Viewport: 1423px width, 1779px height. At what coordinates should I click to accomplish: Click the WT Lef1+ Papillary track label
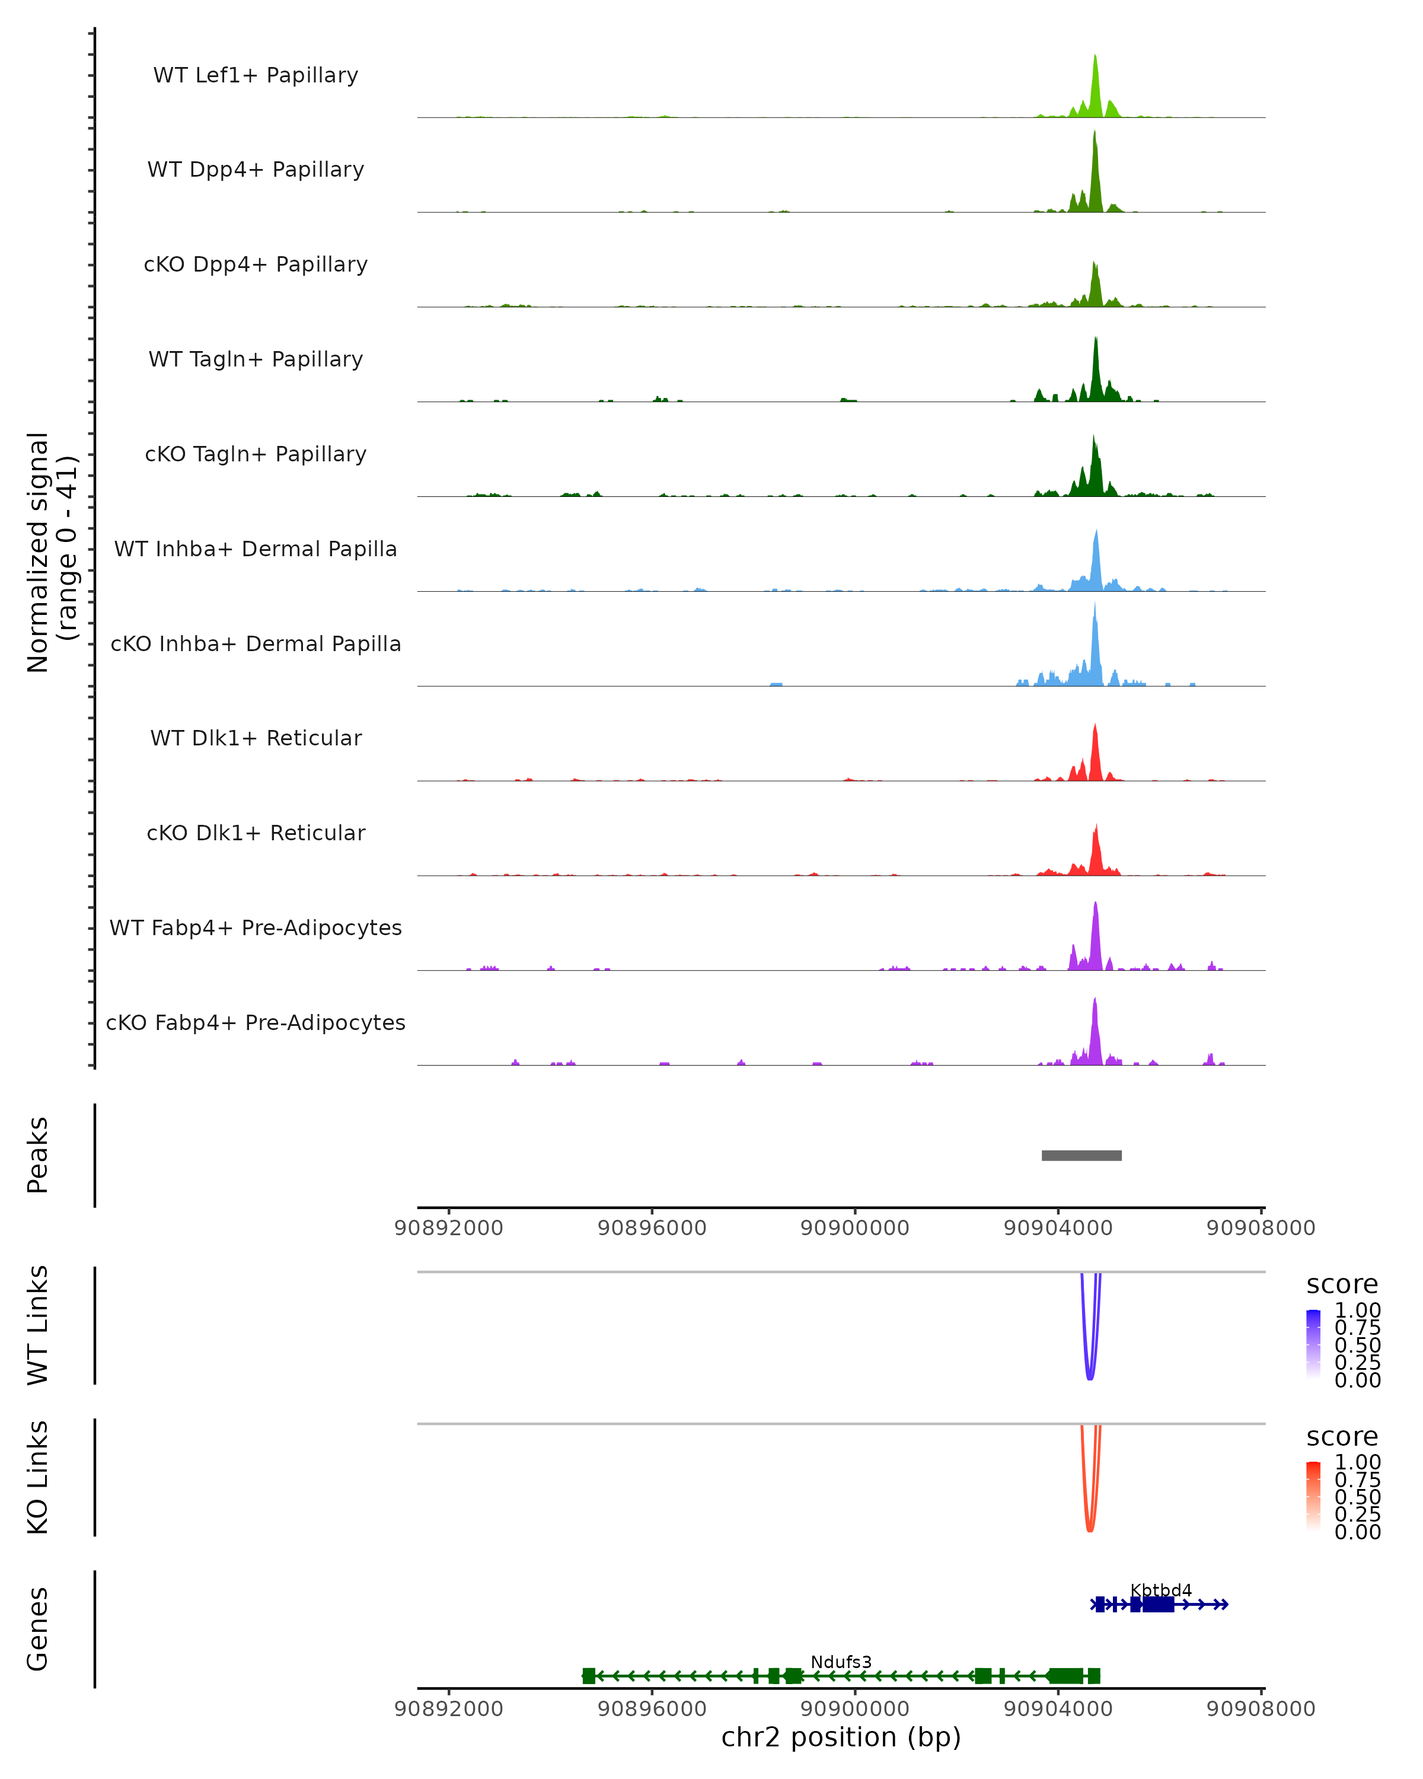click(x=256, y=75)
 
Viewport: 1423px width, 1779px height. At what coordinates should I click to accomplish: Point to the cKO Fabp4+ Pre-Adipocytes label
click(x=256, y=1022)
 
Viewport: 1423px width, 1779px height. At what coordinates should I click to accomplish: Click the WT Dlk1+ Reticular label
click(x=256, y=738)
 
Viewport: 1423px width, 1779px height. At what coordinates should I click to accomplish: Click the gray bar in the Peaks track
click(x=1081, y=1155)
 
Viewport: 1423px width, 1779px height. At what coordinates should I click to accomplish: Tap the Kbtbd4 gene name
click(x=1161, y=1590)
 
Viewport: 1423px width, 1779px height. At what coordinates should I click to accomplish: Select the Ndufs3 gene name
click(x=841, y=1662)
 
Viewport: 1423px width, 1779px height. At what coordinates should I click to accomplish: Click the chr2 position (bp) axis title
click(x=841, y=1737)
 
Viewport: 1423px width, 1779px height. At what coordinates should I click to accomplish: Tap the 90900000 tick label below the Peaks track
click(x=854, y=1228)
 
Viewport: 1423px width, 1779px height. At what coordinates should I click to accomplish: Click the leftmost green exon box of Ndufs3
click(x=588, y=1675)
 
